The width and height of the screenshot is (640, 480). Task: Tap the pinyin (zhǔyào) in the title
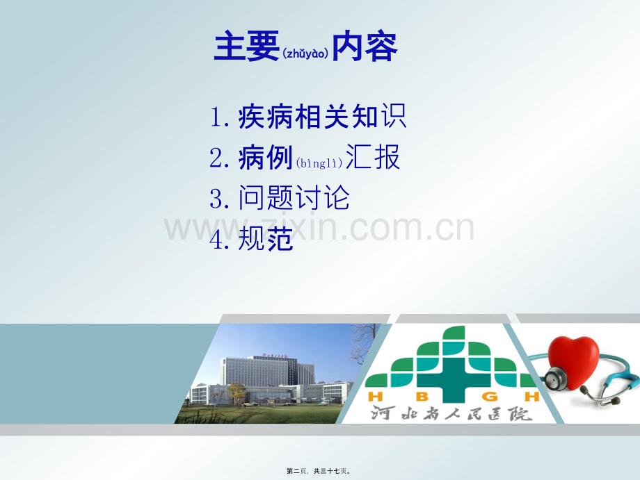click(305, 53)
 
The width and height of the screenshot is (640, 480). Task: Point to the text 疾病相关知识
click(322, 117)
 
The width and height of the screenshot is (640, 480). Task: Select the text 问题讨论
click(294, 199)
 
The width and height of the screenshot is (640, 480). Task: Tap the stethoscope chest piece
click(554, 379)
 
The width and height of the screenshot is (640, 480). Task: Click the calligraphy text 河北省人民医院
click(450, 413)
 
